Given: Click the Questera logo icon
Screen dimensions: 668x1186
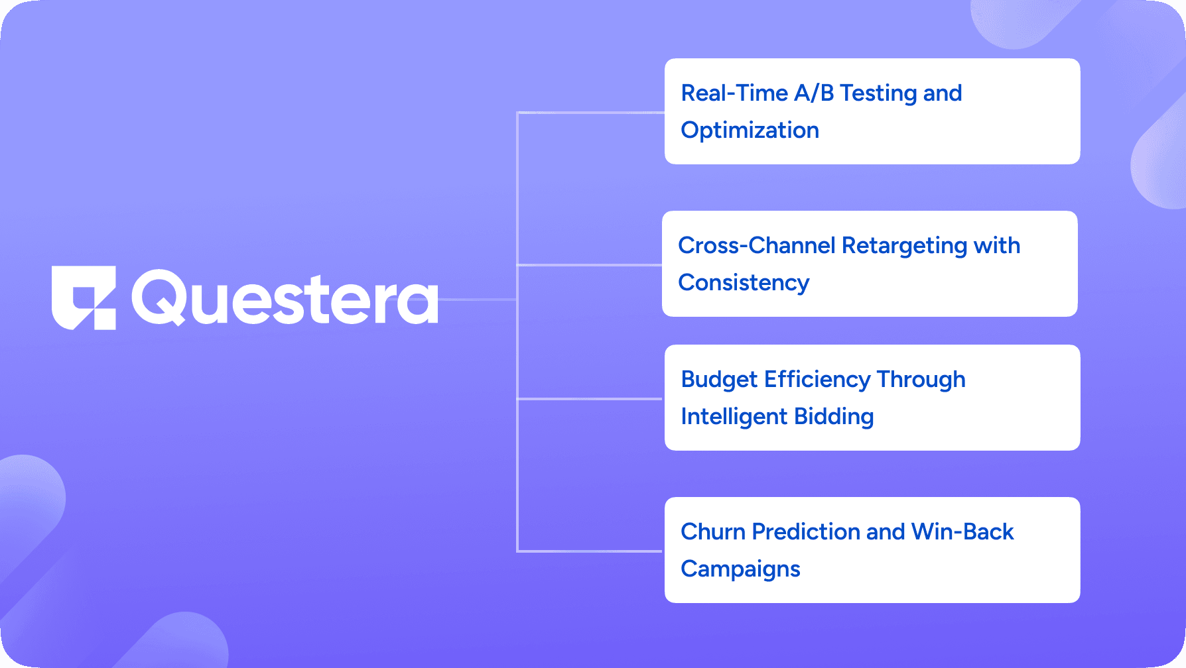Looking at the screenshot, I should coord(84,298).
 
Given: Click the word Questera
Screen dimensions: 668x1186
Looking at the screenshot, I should coord(285,299).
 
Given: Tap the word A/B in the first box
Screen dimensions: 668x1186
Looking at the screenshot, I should coord(813,93).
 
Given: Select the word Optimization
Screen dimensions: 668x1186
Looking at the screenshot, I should coord(750,131).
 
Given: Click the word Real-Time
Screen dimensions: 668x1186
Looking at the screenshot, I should coord(734,93).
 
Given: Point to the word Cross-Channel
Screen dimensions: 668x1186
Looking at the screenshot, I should coord(756,246).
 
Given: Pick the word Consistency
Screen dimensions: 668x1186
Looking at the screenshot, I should coord(744,283).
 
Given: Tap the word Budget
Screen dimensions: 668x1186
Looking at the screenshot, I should coord(718,380).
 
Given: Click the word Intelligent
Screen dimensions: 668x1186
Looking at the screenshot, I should coord(734,417).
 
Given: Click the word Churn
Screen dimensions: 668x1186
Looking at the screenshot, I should coord(713,532).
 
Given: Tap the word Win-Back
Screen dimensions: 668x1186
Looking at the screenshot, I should coord(962,532).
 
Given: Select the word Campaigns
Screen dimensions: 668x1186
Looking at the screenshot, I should coord(740,569).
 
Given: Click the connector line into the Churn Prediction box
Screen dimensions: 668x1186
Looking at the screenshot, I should coord(590,551).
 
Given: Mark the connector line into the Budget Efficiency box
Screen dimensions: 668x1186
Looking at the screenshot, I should coord(590,399).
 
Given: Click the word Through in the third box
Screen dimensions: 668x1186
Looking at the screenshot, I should coord(921,380).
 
